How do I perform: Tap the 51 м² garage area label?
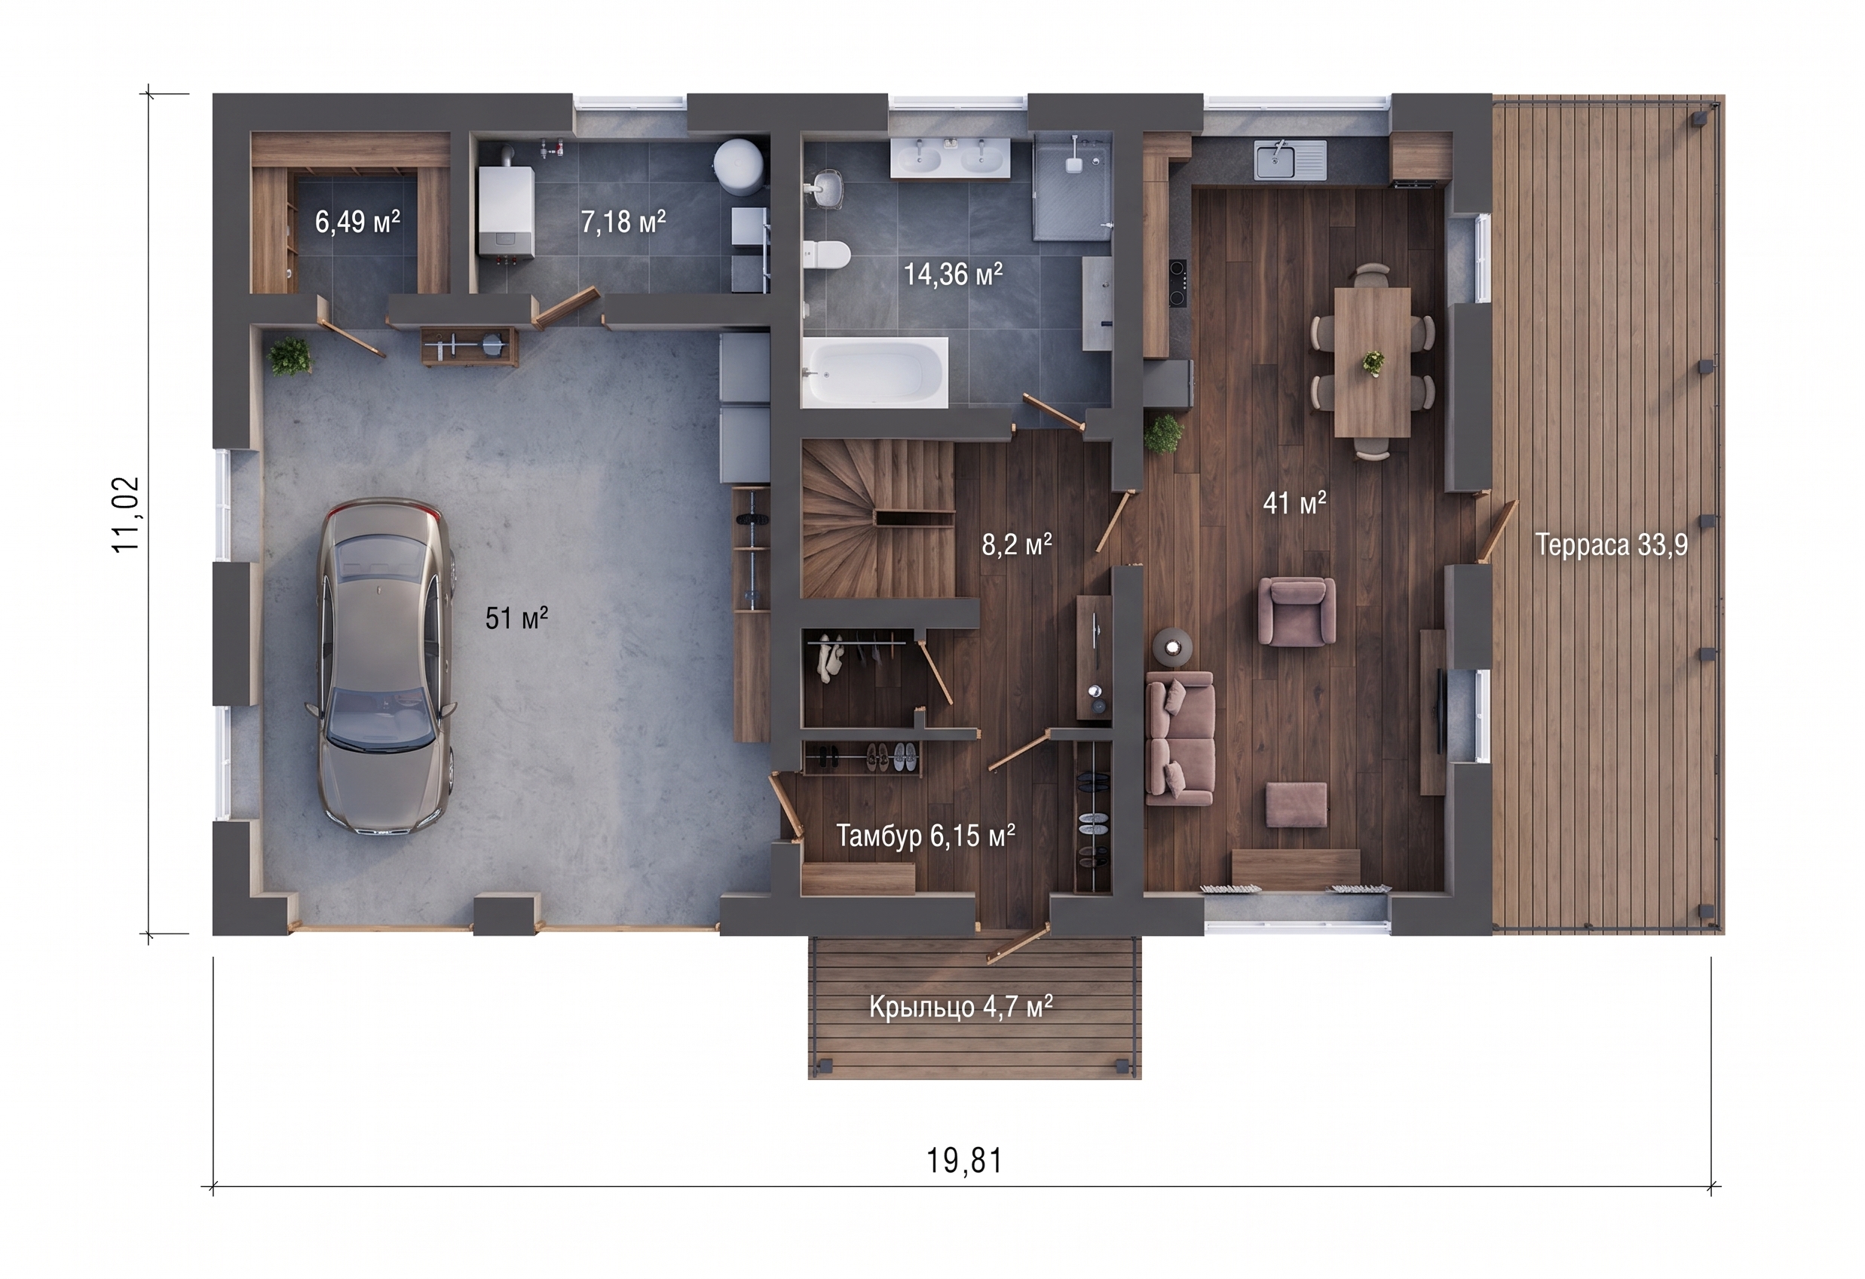click(517, 618)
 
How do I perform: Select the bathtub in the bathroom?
click(874, 373)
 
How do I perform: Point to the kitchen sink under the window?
click(1291, 159)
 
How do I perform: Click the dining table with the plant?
click(1372, 362)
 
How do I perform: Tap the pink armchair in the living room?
click(1296, 611)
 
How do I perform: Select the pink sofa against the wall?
click(1179, 738)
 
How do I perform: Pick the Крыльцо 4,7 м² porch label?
click(960, 1006)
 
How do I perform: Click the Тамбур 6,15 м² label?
click(925, 836)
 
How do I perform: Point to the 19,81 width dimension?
click(965, 1161)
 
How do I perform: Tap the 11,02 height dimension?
click(127, 514)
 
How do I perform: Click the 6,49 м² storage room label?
click(357, 222)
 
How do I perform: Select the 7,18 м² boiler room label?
click(623, 222)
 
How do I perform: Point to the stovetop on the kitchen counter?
click(1177, 284)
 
